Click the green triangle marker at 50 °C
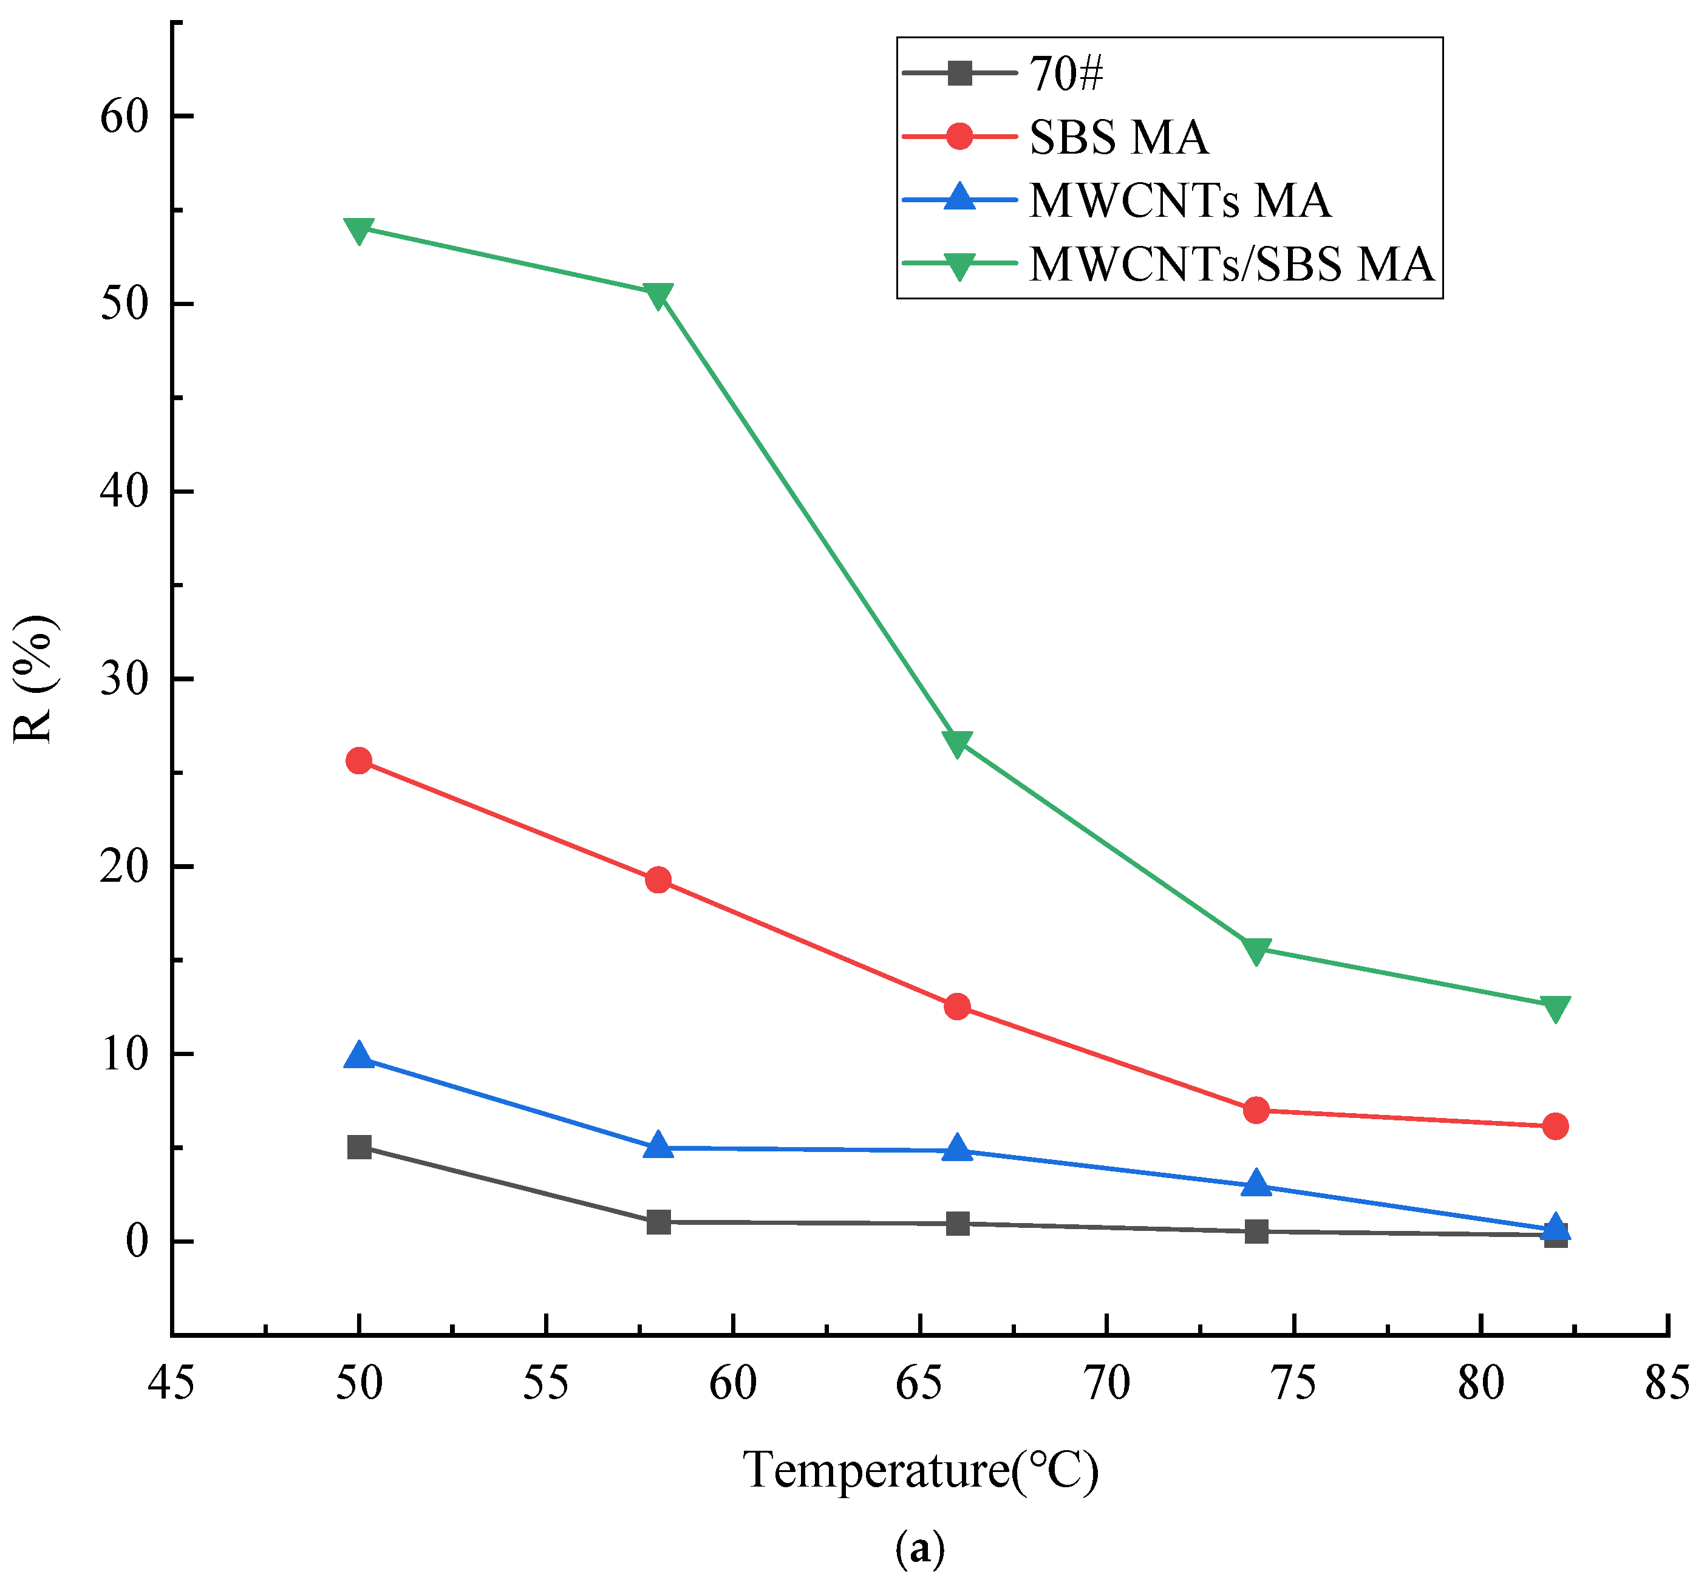(x=359, y=230)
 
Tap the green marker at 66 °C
(x=958, y=743)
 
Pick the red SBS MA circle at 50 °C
(x=359, y=761)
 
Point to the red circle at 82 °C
(x=1555, y=1126)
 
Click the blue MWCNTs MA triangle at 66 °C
(x=958, y=1149)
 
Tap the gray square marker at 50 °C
(x=359, y=1147)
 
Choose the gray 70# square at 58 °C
(x=658, y=1221)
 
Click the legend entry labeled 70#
(x=1066, y=74)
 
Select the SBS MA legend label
(x=1118, y=137)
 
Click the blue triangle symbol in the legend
(x=960, y=197)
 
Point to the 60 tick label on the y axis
(x=125, y=116)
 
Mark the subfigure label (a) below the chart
(x=919, y=1548)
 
